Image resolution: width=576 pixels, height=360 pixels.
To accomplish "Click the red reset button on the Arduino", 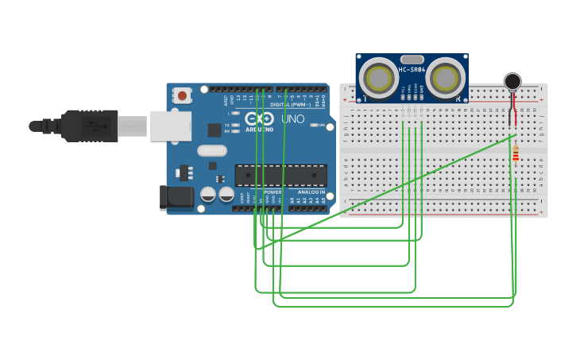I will (183, 96).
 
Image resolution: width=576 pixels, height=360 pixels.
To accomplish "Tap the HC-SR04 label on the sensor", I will (412, 70).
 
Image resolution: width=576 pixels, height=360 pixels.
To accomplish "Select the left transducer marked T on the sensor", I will (378, 78).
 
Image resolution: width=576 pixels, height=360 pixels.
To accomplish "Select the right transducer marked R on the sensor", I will (446, 78).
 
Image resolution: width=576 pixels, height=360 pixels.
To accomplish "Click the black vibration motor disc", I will (512, 81).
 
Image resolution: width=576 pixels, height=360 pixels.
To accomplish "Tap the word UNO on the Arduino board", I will (293, 118).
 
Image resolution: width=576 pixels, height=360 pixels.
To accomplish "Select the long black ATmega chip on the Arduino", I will (280, 176).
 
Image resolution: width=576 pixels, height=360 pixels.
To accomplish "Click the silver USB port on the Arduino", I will (170, 126).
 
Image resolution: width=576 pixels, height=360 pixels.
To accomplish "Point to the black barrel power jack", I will (176, 198).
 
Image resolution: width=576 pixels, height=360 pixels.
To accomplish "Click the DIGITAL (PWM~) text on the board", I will (289, 104).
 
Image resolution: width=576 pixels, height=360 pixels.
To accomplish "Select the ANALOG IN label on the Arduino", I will (311, 192).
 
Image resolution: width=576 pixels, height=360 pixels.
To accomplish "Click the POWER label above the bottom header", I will (273, 192).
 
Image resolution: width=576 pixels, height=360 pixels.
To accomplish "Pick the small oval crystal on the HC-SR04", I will (412, 59).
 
